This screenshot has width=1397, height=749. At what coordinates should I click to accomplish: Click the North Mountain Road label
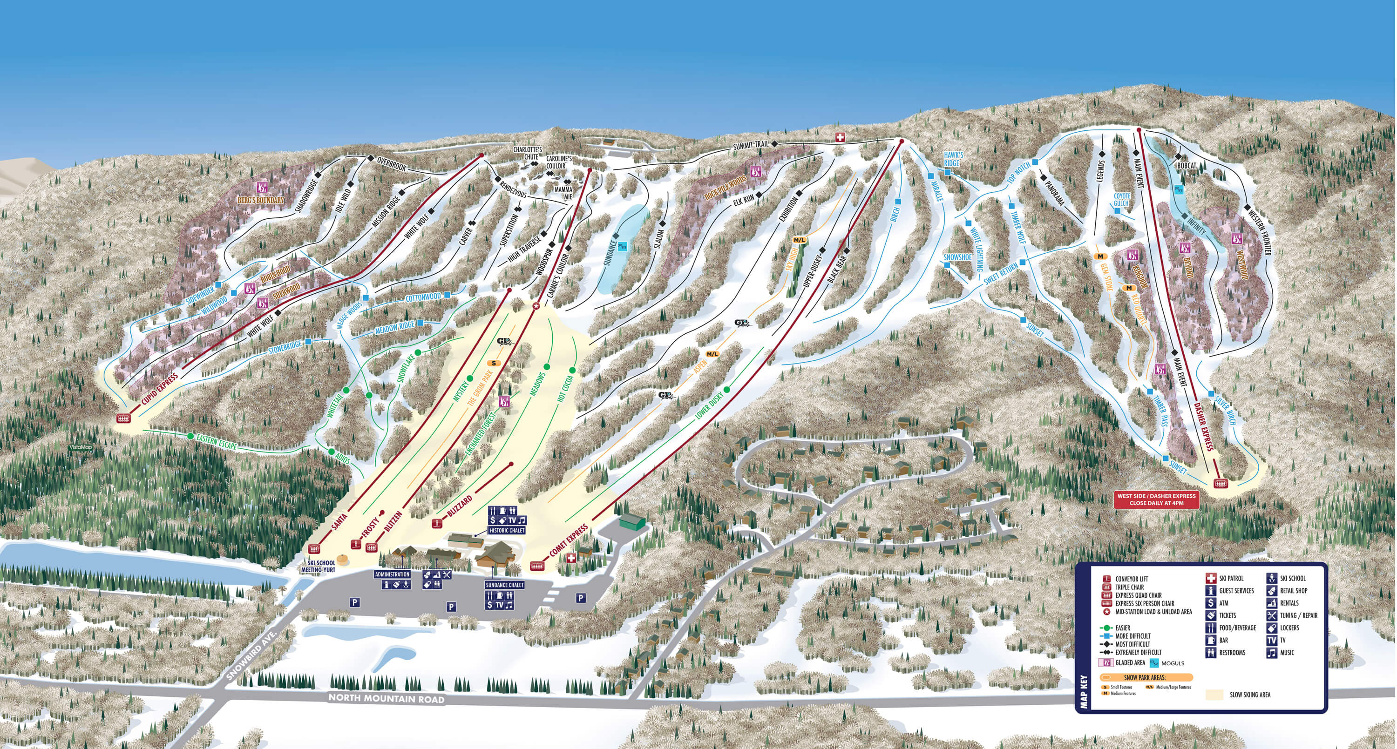pos(386,699)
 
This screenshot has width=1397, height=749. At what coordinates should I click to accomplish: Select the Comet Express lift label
pos(568,540)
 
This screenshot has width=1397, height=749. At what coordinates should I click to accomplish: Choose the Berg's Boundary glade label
pos(261,200)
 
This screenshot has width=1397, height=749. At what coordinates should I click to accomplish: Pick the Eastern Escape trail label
pos(217,442)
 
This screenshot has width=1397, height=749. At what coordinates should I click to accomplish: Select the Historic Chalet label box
pos(507,530)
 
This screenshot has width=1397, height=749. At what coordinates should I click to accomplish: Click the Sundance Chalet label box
pos(504,585)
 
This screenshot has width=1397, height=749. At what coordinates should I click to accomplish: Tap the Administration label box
pos(392,574)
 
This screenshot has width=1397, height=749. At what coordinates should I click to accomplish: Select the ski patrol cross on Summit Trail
pos(840,138)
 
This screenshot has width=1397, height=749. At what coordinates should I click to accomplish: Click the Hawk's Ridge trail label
pos(952,159)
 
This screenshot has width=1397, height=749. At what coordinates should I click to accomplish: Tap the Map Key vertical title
pos(1084,692)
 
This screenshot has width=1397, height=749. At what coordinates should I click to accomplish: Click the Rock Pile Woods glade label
pos(725,188)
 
